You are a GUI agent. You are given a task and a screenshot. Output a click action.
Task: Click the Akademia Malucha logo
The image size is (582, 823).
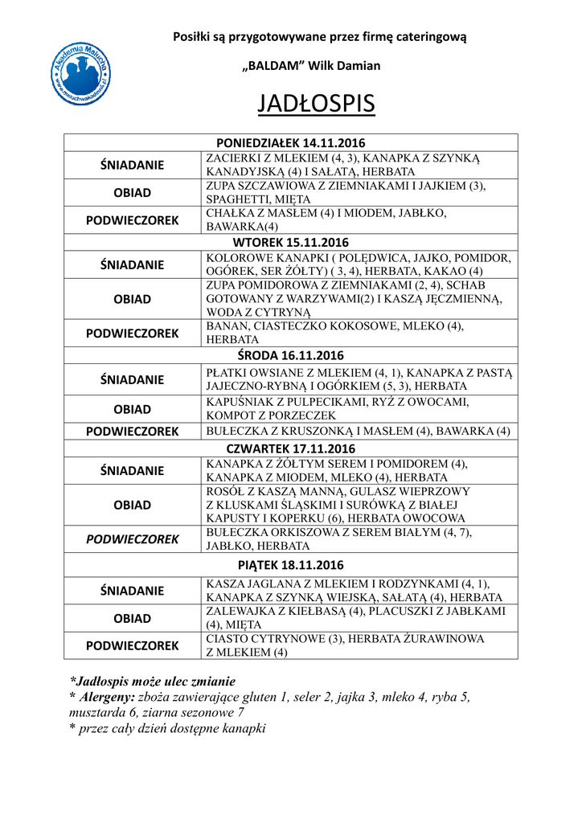pyautogui.click(x=80, y=73)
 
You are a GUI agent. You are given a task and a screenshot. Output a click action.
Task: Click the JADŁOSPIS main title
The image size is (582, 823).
pyautogui.click(x=316, y=104)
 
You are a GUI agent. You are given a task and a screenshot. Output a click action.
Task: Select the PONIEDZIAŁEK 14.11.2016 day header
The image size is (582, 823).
pyautogui.click(x=290, y=142)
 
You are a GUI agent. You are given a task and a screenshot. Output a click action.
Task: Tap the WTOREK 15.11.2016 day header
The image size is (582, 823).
pyautogui.click(x=290, y=241)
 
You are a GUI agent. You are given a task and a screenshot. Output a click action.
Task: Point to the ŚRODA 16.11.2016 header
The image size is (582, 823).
pyautogui.click(x=290, y=354)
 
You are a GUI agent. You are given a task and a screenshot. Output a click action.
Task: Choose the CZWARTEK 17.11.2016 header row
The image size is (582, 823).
pyautogui.click(x=290, y=448)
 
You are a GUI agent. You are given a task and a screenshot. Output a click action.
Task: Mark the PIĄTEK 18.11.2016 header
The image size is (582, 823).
pyautogui.click(x=290, y=566)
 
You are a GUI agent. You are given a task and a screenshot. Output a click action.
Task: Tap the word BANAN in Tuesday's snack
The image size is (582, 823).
pyautogui.click(x=225, y=326)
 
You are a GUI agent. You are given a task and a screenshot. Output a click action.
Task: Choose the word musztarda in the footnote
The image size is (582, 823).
pyautogui.click(x=97, y=712)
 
